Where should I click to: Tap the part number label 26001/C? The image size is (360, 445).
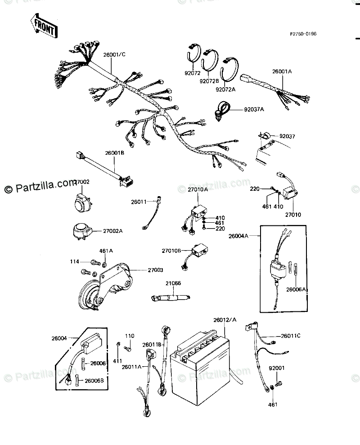114,55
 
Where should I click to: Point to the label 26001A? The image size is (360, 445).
282,71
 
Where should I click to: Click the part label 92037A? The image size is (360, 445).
254,109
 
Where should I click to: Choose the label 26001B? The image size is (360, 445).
115,153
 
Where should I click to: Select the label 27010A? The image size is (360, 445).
198,190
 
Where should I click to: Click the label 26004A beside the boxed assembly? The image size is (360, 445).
238,235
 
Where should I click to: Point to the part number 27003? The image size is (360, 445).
155,270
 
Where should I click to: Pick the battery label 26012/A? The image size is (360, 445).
225,320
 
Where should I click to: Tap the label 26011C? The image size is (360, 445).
291,336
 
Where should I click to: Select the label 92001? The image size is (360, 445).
277,368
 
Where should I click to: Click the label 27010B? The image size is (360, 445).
171,250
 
